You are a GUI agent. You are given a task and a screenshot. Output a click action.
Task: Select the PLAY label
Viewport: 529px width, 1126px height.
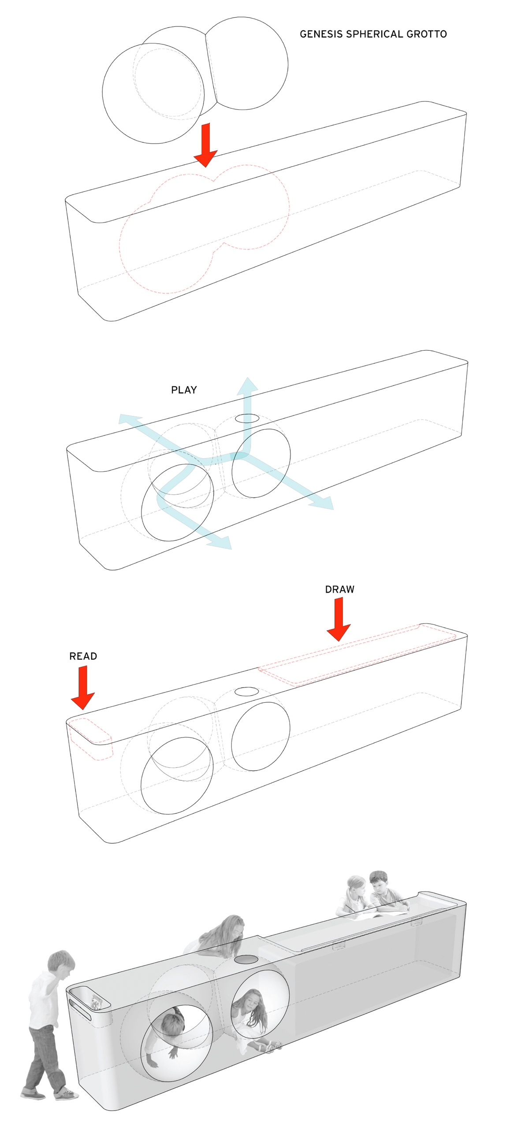coord(184,390)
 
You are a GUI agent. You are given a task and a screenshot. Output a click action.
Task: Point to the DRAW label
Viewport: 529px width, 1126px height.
coord(339,589)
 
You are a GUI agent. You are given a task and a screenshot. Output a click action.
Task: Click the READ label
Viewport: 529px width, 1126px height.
coord(83,656)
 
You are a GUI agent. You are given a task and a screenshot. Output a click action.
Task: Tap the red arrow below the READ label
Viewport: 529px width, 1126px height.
coord(83,687)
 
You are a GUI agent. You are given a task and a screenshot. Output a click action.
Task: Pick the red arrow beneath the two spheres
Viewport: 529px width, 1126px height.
coord(205,145)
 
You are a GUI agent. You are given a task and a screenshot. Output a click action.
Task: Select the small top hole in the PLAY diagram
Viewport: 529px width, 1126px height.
coord(247,418)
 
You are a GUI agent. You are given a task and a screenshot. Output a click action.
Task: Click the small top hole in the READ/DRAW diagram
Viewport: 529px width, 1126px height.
coord(246,691)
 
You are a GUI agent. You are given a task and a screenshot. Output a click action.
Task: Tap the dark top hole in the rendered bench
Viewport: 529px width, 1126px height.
coord(246,959)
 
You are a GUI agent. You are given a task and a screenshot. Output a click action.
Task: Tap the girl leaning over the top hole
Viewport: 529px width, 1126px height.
coord(216,934)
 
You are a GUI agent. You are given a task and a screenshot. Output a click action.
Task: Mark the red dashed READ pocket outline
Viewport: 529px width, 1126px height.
coord(90,738)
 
